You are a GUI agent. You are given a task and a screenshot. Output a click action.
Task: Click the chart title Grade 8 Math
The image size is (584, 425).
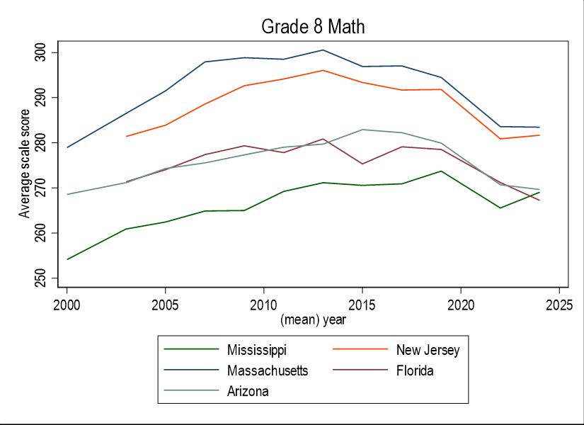coord(312,27)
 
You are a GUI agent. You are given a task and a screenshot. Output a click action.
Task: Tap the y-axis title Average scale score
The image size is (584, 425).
coord(25,163)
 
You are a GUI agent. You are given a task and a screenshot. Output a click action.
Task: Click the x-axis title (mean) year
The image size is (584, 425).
coord(313,319)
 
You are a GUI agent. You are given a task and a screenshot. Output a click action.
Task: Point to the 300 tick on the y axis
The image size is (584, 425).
coord(42,52)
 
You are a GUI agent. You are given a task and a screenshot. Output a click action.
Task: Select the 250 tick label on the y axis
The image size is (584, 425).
coord(42,278)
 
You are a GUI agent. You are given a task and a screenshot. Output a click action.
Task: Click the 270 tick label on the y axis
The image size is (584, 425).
coord(42,188)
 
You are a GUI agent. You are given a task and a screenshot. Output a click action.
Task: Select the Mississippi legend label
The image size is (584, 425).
coord(257,350)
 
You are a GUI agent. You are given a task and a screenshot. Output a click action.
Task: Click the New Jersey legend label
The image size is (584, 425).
coord(428,350)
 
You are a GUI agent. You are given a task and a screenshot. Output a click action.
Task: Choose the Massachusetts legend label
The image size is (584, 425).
coord(268,370)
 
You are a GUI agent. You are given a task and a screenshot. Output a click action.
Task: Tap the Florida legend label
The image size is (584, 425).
coord(415,370)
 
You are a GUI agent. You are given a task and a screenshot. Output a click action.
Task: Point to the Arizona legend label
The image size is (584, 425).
coord(248,391)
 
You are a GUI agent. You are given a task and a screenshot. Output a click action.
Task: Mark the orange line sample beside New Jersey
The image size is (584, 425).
coord(360,350)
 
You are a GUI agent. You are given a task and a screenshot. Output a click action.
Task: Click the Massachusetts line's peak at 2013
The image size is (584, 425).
coord(323,50)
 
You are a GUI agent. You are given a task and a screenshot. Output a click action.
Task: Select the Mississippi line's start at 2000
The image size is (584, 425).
coord(67,259)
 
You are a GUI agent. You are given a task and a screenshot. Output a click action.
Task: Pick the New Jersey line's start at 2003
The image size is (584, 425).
coord(126,136)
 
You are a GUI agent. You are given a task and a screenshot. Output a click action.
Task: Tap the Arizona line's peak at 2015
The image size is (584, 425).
coord(362,130)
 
